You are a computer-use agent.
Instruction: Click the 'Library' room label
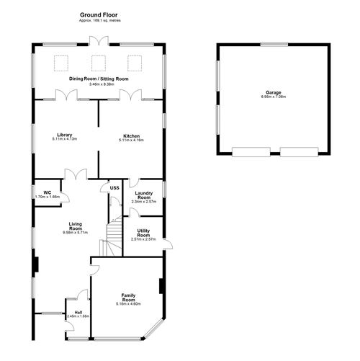[x=64, y=135]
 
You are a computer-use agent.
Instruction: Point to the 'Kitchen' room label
[x=131, y=135]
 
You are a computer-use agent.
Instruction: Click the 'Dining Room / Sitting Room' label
[x=99, y=79]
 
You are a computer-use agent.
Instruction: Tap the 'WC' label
[x=46, y=192]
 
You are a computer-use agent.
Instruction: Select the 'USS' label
[x=114, y=188]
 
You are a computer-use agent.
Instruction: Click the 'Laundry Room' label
[x=143, y=195]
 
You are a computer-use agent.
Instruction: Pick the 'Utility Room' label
[x=143, y=233]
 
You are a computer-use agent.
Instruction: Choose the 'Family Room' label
[x=129, y=297]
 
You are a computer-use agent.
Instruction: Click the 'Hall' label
[x=78, y=311]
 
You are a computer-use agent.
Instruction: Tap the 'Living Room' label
[x=74, y=226]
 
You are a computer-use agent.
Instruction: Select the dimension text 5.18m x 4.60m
[x=129, y=304]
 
